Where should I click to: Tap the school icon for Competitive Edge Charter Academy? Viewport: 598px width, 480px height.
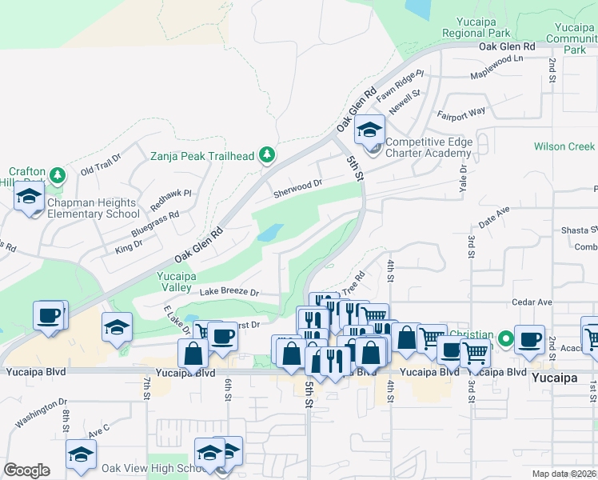click(369, 130)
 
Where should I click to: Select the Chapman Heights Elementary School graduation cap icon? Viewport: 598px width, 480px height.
click(30, 196)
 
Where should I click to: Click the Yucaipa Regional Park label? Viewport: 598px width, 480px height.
click(476, 28)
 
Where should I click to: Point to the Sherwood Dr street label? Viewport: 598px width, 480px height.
click(297, 188)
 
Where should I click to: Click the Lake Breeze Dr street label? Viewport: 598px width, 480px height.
click(229, 293)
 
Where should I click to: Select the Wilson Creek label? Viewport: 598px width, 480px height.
click(564, 147)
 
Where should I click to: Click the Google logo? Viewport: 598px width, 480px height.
click(26, 470)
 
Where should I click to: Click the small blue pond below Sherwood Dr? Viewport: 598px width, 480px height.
click(269, 233)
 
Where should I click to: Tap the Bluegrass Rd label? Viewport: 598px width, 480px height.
click(155, 226)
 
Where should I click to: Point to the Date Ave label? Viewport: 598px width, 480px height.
click(493, 214)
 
